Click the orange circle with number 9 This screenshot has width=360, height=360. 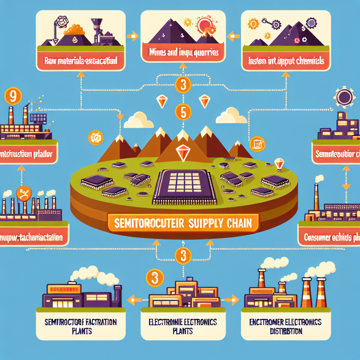click(12, 97)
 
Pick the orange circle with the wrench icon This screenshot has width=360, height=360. click(24, 193)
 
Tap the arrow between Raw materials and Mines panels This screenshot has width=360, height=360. click(133, 35)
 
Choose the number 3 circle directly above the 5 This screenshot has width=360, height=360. click(183, 84)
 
